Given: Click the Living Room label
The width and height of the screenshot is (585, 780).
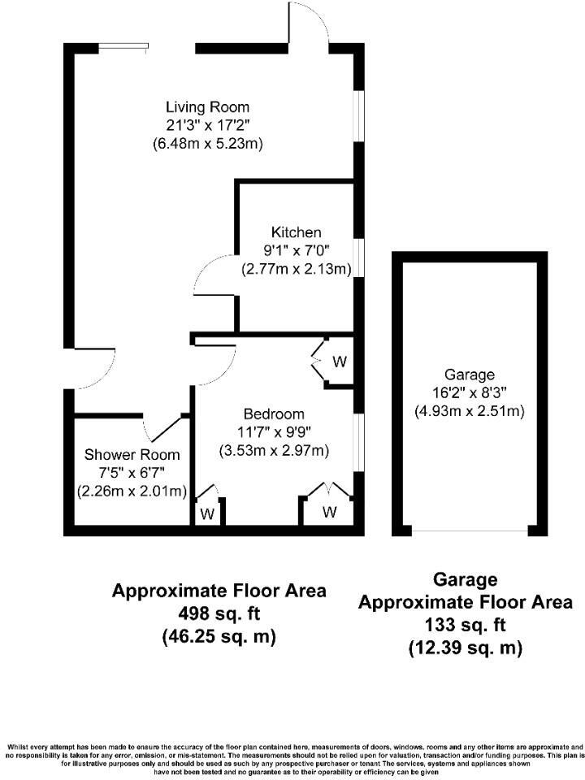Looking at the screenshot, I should (207, 107).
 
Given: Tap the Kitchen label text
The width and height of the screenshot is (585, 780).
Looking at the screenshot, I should (296, 233).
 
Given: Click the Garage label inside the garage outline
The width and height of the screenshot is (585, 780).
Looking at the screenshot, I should (464, 375).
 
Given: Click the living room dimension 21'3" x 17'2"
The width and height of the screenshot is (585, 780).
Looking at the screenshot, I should (207, 125).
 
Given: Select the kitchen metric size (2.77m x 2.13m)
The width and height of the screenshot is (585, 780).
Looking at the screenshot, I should (296, 269).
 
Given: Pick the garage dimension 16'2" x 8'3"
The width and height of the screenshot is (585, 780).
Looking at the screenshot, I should (464, 392).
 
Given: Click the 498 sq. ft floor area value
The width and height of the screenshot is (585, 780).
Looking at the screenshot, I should (219, 613).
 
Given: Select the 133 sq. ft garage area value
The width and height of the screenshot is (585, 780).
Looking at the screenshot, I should (465, 626).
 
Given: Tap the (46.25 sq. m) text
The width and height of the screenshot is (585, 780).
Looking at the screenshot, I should (219, 636).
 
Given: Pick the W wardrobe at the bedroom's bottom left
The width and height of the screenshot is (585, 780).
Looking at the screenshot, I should (208, 513).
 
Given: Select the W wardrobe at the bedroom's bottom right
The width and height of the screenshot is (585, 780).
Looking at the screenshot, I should (329, 512).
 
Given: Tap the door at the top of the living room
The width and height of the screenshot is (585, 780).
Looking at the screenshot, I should (310, 24).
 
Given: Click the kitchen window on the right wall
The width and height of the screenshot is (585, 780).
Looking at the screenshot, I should (358, 258).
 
